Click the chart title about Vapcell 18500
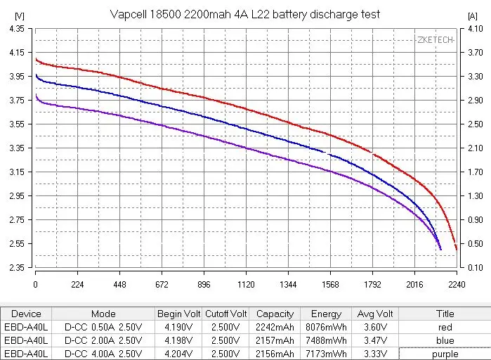click(x=245, y=14)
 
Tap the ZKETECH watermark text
click(x=435, y=40)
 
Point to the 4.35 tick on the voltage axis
click(x=16, y=28)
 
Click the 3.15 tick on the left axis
click(x=16, y=172)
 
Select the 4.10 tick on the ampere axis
click(x=474, y=28)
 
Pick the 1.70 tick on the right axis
click(x=474, y=172)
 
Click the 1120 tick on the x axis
click(x=246, y=285)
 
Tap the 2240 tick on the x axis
click(x=457, y=285)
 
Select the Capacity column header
click(x=275, y=314)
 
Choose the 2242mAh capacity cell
click(x=275, y=327)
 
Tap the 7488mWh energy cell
click(x=326, y=340)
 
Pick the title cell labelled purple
click(x=445, y=354)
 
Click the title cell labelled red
click(x=445, y=327)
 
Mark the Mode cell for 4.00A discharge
click(x=103, y=354)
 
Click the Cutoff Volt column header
click(x=225, y=314)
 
